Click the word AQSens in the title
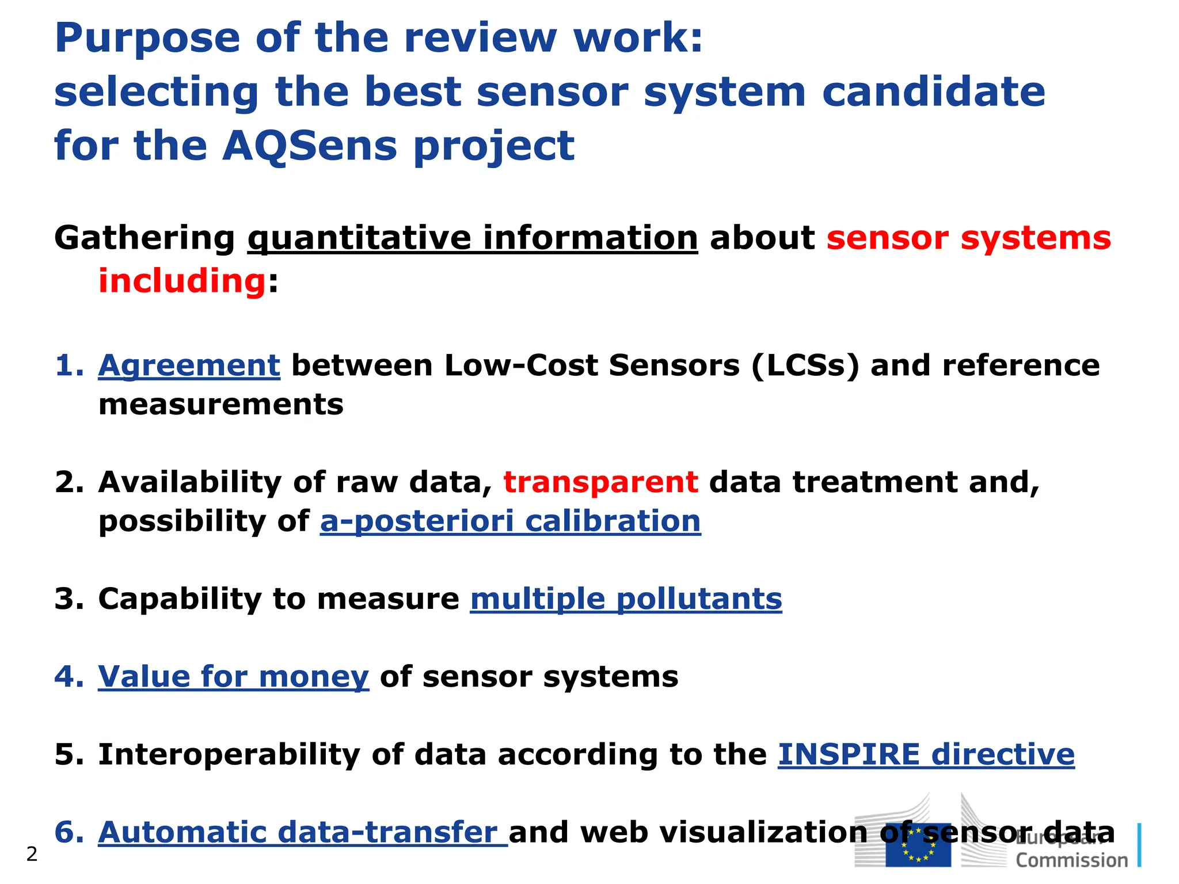(309, 145)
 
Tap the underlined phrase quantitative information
(473, 238)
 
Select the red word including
(182, 281)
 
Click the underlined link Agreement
(189, 365)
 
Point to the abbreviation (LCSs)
(805, 365)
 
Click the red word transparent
(600, 482)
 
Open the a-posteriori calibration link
(510, 521)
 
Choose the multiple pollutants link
(626, 599)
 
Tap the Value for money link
(233, 676)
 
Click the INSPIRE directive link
(926, 754)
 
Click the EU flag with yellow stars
(918, 845)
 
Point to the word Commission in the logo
(1071, 861)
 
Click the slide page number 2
(32, 854)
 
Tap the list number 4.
(68, 676)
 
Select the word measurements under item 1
(220, 405)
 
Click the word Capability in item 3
(180, 599)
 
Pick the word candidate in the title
(933, 92)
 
